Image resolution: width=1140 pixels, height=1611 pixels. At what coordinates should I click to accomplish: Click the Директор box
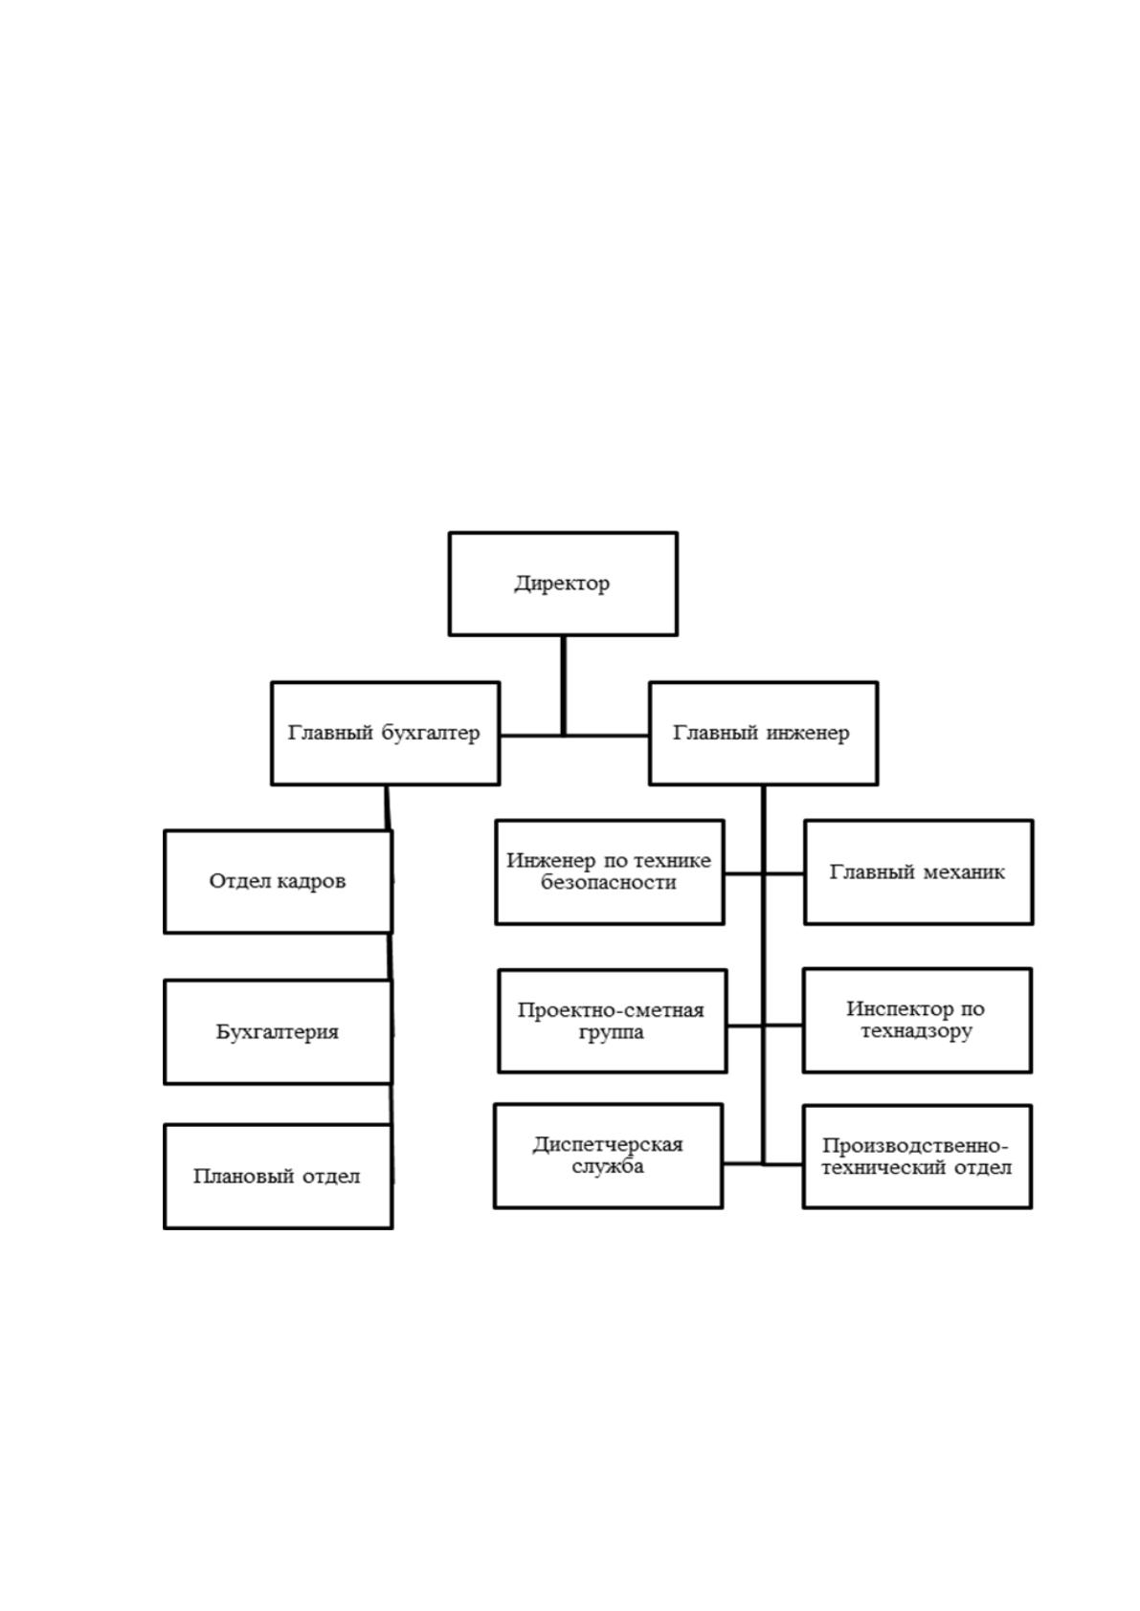coord(563,584)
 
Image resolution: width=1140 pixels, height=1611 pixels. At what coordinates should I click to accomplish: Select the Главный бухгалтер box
coord(385,733)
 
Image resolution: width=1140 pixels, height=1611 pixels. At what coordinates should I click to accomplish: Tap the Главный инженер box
coord(763,733)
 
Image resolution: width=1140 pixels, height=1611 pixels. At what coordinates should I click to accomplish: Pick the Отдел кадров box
coord(278,882)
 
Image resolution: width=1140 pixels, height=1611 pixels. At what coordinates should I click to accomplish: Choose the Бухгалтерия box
coord(278,1032)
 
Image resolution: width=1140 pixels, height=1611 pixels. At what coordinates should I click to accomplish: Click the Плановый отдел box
coord(278,1177)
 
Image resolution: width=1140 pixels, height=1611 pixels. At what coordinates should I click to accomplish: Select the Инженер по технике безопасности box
coord(610,872)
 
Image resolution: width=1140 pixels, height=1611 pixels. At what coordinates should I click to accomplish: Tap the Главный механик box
coord(918,872)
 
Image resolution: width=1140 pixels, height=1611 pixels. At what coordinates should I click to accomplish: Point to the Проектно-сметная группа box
coord(613,1022)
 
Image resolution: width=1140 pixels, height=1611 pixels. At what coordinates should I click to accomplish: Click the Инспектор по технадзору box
coord(917,1021)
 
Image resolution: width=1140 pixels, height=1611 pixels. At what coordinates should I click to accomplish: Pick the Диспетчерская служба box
coord(608,1156)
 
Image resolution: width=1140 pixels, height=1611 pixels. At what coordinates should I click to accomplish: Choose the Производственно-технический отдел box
coord(917,1157)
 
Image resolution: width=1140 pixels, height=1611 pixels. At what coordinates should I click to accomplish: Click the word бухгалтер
coord(431,733)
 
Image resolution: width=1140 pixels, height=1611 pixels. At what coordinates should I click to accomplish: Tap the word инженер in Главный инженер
coord(808,733)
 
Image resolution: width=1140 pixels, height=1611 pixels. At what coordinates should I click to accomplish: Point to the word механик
coord(964,872)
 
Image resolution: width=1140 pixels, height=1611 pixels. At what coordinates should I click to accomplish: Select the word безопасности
coord(608,882)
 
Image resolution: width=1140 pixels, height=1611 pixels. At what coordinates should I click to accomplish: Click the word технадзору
coord(916,1031)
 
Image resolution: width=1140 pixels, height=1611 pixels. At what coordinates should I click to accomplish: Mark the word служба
coord(608,1166)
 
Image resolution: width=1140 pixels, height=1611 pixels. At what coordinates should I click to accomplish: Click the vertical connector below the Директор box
coord(563,685)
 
